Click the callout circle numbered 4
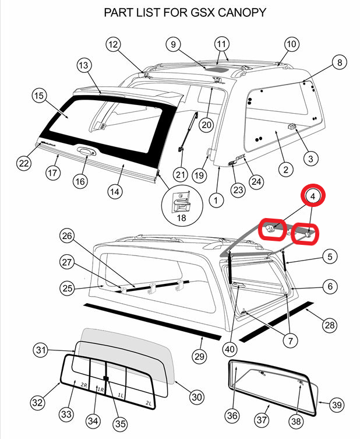tap(313, 196)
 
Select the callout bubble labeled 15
tap(38, 94)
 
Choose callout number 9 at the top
tap(173, 44)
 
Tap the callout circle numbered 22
tap(23, 163)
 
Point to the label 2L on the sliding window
tap(148, 403)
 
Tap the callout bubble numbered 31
tap(40, 350)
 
